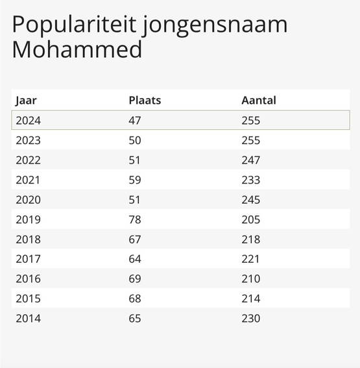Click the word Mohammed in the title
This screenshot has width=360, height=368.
point(77,49)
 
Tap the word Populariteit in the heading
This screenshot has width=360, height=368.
point(75,25)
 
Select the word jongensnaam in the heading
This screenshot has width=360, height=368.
point(215,25)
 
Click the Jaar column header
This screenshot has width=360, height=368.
point(26,101)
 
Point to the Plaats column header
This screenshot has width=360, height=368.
point(145,100)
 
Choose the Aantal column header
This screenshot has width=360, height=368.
point(259,100)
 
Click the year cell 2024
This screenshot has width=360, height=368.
point(29,121)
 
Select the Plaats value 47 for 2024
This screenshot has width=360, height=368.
point(135,121)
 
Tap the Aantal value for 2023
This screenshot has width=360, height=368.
point(251,140)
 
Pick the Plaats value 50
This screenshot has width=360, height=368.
point(135,140)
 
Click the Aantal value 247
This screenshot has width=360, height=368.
point(251,160)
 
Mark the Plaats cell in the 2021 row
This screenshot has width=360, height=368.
point(135,180)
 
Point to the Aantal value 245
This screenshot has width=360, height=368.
point(251,200)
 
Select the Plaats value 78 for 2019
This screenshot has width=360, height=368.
point(135,219)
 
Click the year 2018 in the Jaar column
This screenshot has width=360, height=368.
point(29,239)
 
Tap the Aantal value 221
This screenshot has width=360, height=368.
point(250,259)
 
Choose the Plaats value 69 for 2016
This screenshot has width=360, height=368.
point(135,278)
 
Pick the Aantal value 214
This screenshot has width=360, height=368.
point(251,299)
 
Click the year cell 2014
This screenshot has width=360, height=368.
point(29,319)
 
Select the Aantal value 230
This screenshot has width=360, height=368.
point(251,319)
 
